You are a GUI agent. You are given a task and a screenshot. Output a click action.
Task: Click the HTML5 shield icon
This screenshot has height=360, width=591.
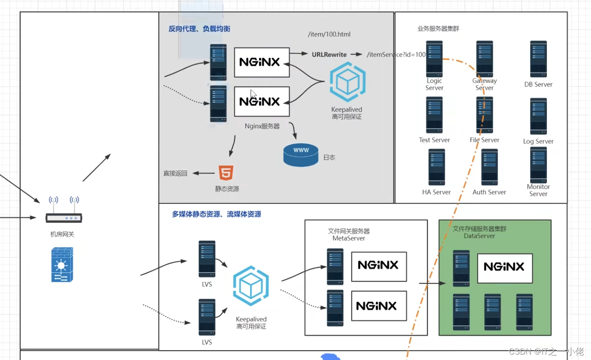[226, 173]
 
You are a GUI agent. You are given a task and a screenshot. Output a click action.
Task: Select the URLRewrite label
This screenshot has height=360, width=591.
[329, 55]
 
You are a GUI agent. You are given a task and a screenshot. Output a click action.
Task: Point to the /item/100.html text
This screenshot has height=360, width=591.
[329, 34]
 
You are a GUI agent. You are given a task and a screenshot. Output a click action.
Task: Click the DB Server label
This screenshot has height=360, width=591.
[538, 84]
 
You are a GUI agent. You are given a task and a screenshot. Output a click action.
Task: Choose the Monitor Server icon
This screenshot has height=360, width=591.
[538, 165]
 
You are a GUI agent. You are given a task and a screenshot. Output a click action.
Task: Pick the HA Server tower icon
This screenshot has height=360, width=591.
[437, 167]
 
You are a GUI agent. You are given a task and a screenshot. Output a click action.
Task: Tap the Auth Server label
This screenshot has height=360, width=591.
[489, 192]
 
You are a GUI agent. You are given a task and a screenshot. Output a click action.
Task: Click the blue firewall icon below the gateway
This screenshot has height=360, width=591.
[62, 265]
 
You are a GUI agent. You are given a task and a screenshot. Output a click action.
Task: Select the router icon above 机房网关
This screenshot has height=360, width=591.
[64, 211]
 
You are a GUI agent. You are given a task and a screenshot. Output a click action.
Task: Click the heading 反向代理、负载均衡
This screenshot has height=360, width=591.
[199, 29]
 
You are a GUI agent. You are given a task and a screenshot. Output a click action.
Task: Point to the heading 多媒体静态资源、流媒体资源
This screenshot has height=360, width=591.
[217, 214]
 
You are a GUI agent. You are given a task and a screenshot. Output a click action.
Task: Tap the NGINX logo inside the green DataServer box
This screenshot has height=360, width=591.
[504, 268]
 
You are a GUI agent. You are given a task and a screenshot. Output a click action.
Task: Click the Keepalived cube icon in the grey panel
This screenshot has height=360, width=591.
[347, 82]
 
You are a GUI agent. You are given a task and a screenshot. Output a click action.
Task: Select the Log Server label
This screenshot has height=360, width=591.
[538, 141]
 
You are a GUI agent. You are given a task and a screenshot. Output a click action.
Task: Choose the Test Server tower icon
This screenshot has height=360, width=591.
[434, 115]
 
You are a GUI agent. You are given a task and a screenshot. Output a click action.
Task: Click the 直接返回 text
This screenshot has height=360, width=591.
[175, 173]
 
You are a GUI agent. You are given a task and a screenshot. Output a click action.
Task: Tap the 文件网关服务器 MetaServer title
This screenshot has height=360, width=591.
[349, 235]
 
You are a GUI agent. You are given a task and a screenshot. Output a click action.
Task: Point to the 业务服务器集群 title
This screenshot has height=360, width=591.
[438, 29]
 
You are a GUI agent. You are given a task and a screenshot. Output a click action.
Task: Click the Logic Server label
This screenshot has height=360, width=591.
[434, 84]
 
